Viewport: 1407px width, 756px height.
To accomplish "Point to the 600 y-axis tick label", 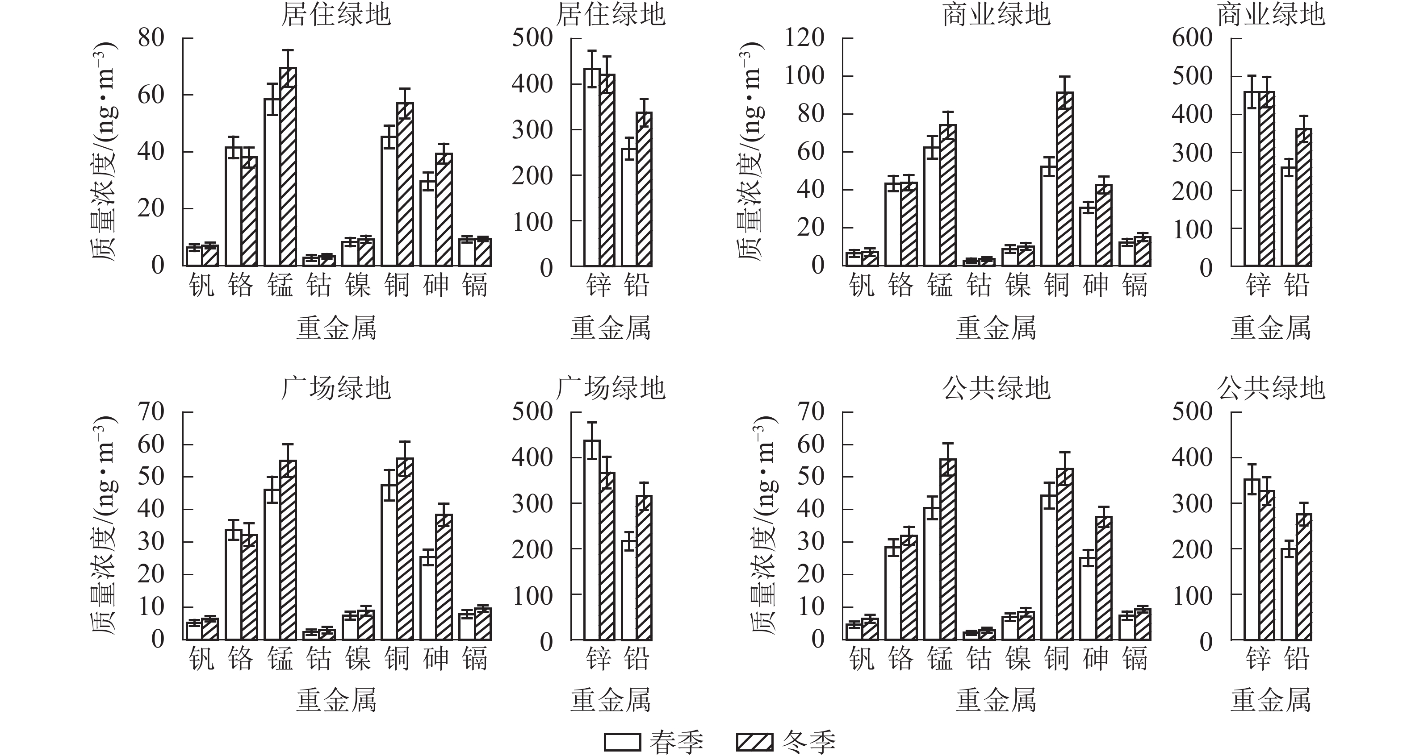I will tap(1192, 38).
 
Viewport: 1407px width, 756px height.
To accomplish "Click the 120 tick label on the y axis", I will tap(804, 38).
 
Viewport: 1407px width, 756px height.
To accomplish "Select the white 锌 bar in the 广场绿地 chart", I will tap(591, 540).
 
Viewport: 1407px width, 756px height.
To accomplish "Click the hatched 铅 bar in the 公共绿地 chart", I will tap(1304, 577).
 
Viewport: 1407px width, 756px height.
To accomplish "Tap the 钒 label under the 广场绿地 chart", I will tap(201, 659).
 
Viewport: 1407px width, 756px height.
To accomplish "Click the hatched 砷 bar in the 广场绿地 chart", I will tap(444, 577).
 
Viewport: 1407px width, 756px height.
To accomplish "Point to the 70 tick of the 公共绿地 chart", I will tap(811, 411).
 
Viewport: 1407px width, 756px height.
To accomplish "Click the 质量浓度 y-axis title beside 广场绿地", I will tap(104, 524).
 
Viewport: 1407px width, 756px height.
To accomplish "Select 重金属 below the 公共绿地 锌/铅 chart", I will tap(1270, 700).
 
